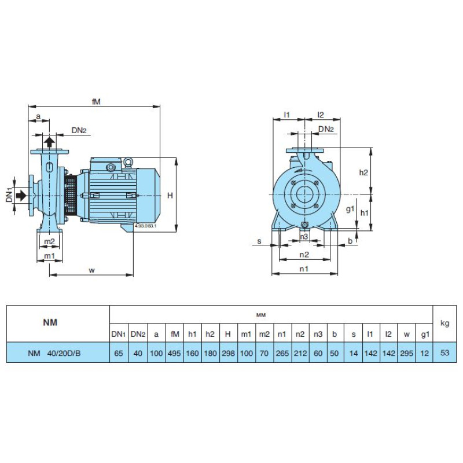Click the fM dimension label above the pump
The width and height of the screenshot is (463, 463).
point(96,101)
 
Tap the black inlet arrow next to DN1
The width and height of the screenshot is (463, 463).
point(21,196)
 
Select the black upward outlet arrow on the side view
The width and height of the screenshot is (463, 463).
point(49,142)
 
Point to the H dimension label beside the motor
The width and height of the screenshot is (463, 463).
point(170,195)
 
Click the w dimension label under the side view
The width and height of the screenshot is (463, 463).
point(92,270)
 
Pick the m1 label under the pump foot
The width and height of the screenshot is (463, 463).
point(49,256)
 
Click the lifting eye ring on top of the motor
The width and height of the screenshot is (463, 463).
point(128,161)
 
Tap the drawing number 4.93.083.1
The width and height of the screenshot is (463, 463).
point(145,226)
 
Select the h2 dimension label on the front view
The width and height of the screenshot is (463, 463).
point(363,172)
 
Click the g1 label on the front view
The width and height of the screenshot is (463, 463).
point(350,210)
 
